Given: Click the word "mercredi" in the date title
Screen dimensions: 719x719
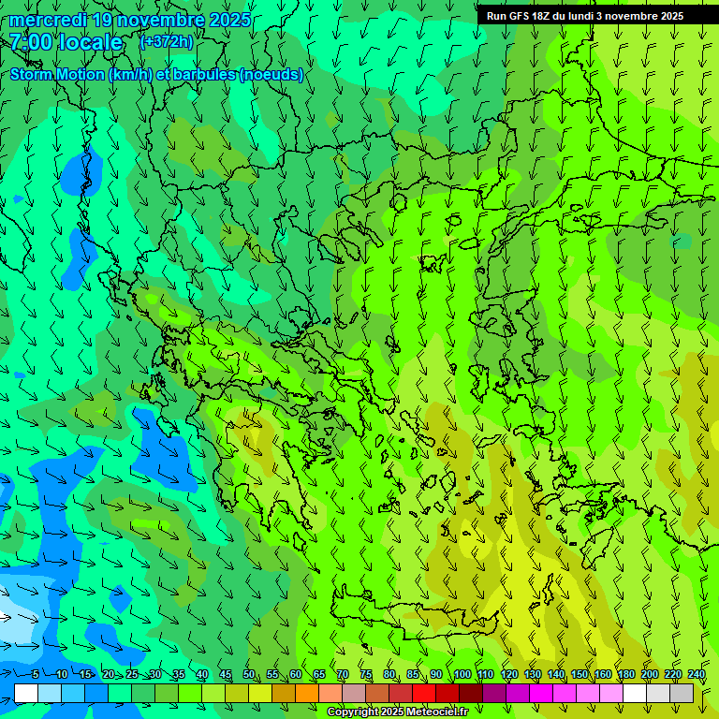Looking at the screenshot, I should coord(46,20).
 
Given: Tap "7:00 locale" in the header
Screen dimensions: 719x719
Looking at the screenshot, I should coord(66,42).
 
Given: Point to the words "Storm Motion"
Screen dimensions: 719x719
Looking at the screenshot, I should coord(58,75).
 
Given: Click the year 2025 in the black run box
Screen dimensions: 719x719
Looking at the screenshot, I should coord(666,16).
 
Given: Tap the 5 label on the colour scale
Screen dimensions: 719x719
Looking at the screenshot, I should coord(36,675).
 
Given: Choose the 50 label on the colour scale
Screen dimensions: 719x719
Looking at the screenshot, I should coord(249,675).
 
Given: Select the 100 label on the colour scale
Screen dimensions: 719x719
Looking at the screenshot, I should coord(462,675).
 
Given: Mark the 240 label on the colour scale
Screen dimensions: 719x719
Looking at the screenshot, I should coord(697,675).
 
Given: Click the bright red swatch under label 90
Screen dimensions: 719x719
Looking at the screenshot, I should coord(424,693).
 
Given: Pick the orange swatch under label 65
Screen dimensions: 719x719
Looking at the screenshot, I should coord(307,693).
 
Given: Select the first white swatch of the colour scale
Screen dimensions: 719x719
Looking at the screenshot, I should coord(26,693).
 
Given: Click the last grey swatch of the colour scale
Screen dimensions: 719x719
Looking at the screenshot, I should coord(682,693).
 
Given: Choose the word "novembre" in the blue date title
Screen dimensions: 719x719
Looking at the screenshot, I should coord(160,20).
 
